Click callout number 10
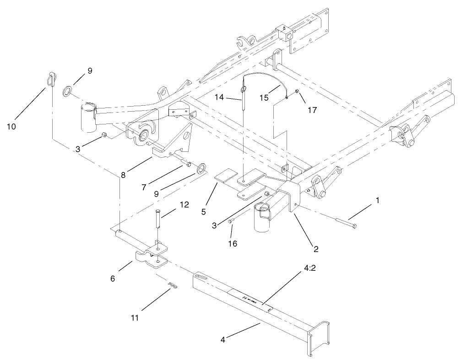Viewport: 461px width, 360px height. tap(11, 126)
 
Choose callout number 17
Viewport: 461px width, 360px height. tap(312, 110)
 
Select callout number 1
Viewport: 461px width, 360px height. tap(377, 200)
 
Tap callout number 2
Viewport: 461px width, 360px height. tap(316, 249)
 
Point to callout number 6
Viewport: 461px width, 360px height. tap(113, 278)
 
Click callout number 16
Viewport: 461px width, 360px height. tap(233, 243)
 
